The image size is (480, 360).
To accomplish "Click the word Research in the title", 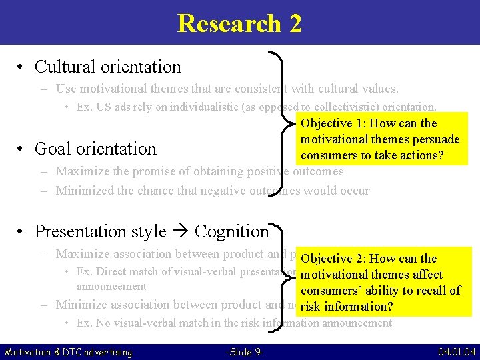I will coord(229,23).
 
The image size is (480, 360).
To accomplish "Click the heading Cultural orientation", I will coord(107,67).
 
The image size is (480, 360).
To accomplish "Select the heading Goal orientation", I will coord(95,149).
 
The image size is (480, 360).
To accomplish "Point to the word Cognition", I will coord(231,231).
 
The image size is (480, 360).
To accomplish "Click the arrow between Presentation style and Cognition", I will coord(180,231).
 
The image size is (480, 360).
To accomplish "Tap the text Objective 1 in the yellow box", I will coord(327,123).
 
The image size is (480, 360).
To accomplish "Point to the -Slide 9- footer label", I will coord(244,351).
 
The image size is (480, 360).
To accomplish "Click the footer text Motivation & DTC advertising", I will coord(69,351).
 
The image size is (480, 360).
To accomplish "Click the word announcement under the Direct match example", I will coord(111,287).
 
